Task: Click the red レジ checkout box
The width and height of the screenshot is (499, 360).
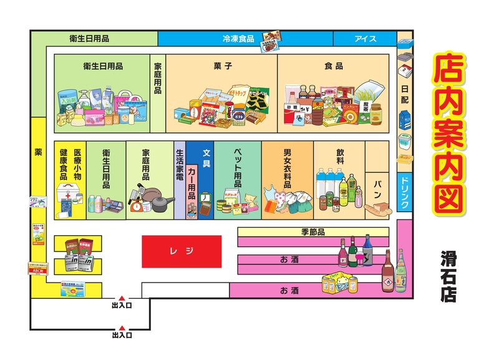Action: tap(182, 251)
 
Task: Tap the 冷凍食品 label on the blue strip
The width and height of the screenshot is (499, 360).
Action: tap(238, 39)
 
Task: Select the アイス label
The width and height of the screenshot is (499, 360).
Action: tap(366, 39)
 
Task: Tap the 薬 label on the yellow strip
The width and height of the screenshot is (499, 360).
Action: tap(38, 152)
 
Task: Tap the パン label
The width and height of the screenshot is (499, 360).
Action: tap(377, 185)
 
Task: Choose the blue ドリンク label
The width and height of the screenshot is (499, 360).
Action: tap(405, 192)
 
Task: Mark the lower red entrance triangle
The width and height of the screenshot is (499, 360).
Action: tap(122, 328)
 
